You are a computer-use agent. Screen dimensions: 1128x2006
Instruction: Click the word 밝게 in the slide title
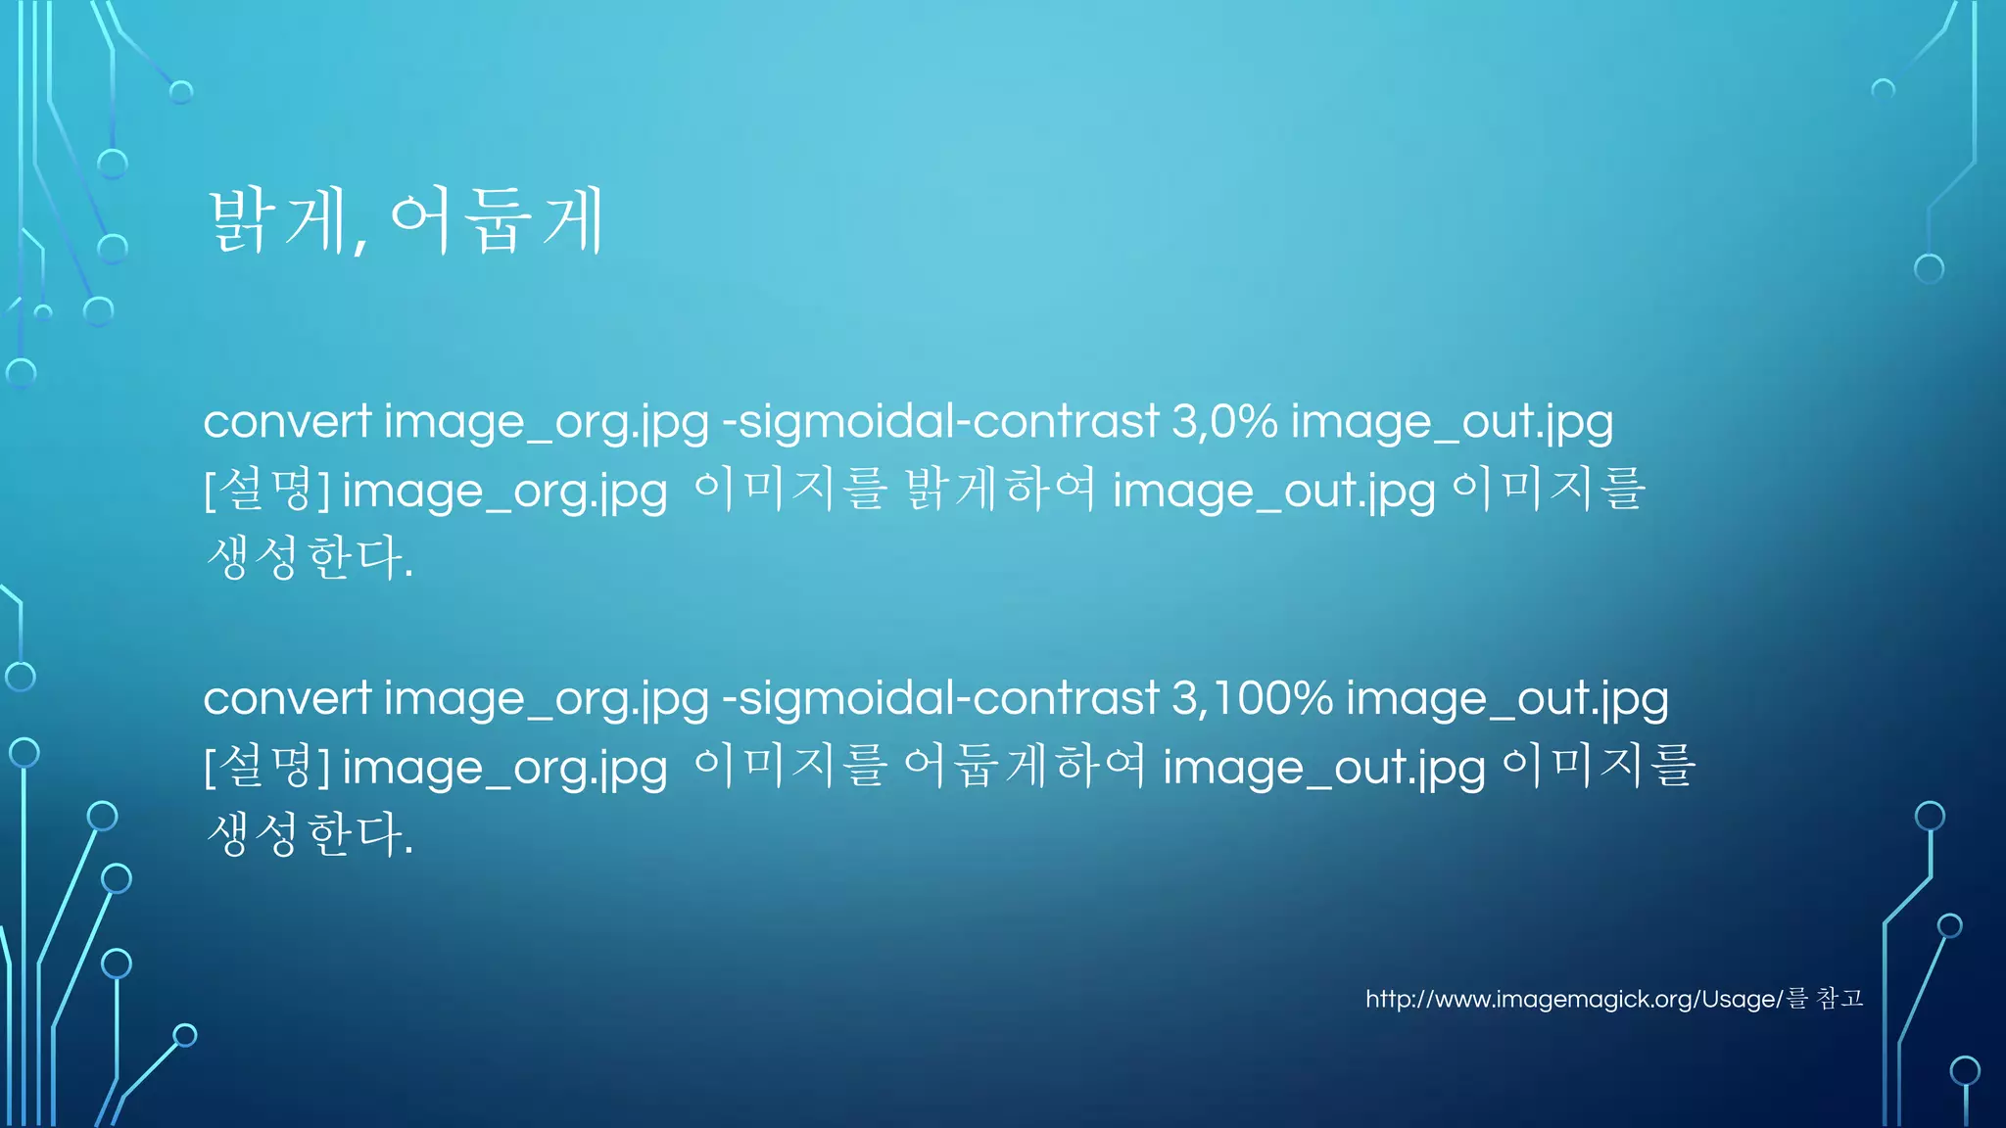(x=277, y=221)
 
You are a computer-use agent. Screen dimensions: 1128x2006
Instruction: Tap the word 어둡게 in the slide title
(x=498, y=221)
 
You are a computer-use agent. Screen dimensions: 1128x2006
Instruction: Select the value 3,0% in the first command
(x=1224, y=422)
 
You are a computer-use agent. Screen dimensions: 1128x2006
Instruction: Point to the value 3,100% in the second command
(x=1252, y=698)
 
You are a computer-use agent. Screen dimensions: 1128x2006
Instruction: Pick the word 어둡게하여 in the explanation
(x=1024, y=765)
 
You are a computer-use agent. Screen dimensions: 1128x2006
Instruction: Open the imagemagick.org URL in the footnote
(x=1573, y=1000)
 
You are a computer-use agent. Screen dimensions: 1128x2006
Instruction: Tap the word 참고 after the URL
(x=1839, y=999)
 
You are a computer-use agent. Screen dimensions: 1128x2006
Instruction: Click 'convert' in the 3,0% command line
(x=287, y=422)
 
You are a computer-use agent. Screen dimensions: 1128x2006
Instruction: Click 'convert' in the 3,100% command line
(x=287, y=698)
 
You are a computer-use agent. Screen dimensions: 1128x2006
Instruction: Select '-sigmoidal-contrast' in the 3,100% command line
(x=940, y=698)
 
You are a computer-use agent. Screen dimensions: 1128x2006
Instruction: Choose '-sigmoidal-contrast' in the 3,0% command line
(x=940, y=422)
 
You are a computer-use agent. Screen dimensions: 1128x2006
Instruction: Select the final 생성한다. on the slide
(x=310, y=834)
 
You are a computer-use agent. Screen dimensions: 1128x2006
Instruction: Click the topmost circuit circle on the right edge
(x=1883, y=90)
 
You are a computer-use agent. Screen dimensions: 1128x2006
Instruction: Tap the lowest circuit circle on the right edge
(x=1965, y=1070)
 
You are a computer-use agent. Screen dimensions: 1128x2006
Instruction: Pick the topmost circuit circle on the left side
(x=181, y=92)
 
